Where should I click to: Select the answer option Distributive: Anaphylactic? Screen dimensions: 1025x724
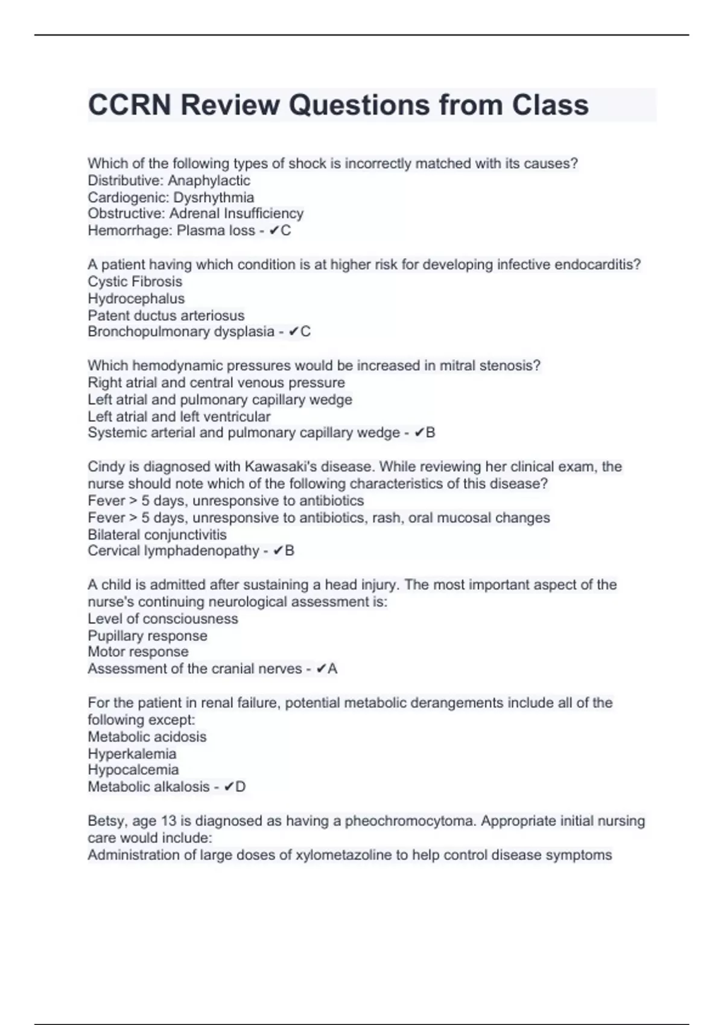click(x=169, y=180)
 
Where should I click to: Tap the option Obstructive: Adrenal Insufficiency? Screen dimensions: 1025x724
click(x=195, y=213)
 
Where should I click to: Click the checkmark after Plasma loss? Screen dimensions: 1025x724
click(x=274, y=230)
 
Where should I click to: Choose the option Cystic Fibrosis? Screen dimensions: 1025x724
click(x=135, y=282)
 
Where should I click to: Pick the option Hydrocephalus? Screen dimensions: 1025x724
click(x=136, y=298)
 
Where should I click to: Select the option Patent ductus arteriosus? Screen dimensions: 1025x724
click(x=166, y=315)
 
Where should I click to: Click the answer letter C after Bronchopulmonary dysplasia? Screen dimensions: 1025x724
click(x=306, y=332)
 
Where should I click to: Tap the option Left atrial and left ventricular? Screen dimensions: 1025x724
click(x=179, y=416)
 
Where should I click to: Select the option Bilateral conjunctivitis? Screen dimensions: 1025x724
click(x=157, y=534)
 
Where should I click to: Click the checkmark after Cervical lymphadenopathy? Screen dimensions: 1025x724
click(x=278, y=551)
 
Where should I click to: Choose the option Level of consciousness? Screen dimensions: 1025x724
click(x=163, y=619)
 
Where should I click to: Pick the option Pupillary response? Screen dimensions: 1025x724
click(x=147, y=635)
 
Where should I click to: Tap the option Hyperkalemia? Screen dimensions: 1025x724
click(x=132, y=754)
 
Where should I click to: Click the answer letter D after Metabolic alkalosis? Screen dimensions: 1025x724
click(x=241, y=787)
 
